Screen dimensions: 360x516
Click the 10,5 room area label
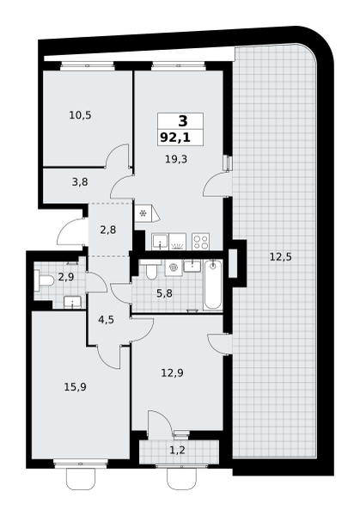tap(80, 115)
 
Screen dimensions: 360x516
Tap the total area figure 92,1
tap(175, 138)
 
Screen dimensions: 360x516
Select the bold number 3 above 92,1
tap(183, 120)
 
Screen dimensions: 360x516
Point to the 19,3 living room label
tap(176, 160)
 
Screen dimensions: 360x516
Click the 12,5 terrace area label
tap(281, 256)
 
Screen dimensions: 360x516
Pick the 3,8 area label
tap(80, 181)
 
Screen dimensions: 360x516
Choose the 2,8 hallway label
tap(108, 230)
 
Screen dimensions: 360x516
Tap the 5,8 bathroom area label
tap(164, 293)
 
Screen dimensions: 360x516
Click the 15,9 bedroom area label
tap(76, 387)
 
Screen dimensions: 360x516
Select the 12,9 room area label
tap(172, 373)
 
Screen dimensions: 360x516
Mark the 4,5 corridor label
tap(107, 319)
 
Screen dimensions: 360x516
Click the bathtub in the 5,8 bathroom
tap(213, 285)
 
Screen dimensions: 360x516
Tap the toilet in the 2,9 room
tap(44, 280)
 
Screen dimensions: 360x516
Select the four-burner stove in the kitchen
tap(200, 242)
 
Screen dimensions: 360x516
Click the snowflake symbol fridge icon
tap(143, 213)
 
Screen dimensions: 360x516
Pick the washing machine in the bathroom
tap(173, 267)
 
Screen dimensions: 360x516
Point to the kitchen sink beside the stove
tap(160, 242)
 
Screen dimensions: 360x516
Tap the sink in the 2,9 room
tap(72, 302)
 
